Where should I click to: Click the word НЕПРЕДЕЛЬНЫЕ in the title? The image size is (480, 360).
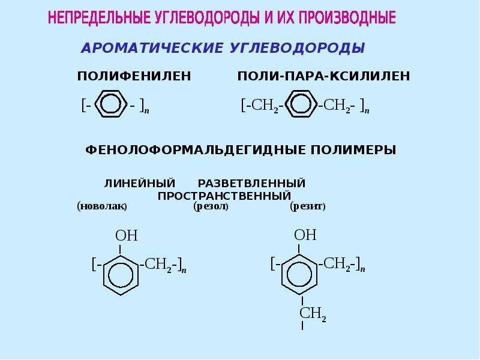point(99,17)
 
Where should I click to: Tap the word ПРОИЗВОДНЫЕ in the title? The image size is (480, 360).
point(347,17)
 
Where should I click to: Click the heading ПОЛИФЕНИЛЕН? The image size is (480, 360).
point(134,76)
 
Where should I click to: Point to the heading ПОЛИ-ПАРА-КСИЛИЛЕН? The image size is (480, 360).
point(323,76)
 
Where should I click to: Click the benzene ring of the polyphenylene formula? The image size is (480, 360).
point(95,104)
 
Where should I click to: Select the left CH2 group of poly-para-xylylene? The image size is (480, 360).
point(265,106)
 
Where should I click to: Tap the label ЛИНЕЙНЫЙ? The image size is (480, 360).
point(140,184)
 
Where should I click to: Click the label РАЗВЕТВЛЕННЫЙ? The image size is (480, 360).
point(251,184)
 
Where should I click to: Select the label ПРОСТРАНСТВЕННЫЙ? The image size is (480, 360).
point(224,196)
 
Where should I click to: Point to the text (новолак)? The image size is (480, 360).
point(102,206)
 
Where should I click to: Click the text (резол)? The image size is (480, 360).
point(211,206)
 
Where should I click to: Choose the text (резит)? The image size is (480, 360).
point(308,206)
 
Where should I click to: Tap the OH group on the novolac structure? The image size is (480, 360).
point(127,236)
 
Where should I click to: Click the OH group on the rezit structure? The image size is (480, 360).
point(305,235)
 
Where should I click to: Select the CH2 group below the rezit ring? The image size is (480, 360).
point(313,314)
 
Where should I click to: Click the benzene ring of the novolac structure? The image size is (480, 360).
point(103,275)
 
